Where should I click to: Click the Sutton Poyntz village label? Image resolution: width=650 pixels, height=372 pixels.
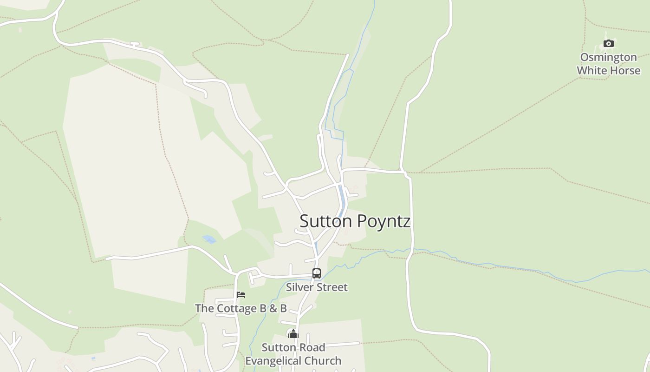355,221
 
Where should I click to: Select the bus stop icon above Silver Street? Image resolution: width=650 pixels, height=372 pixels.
317,273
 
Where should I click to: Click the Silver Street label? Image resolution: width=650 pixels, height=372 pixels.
317,287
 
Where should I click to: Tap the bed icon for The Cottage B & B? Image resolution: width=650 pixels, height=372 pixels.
240,295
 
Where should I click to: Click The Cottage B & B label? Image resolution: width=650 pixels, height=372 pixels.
240,308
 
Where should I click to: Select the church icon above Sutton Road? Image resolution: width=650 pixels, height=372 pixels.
293,334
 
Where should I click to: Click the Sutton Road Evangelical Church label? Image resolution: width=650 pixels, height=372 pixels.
293,354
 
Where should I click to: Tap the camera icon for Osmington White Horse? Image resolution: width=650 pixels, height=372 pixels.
608,44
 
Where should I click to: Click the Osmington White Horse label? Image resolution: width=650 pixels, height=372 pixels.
608,64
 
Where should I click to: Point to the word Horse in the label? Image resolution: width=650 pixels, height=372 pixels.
625,71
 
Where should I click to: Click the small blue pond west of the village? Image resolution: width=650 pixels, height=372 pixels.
209,239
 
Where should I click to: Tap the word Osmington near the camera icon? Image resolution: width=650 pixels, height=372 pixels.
608,57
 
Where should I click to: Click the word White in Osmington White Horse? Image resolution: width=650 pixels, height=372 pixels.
592,71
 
